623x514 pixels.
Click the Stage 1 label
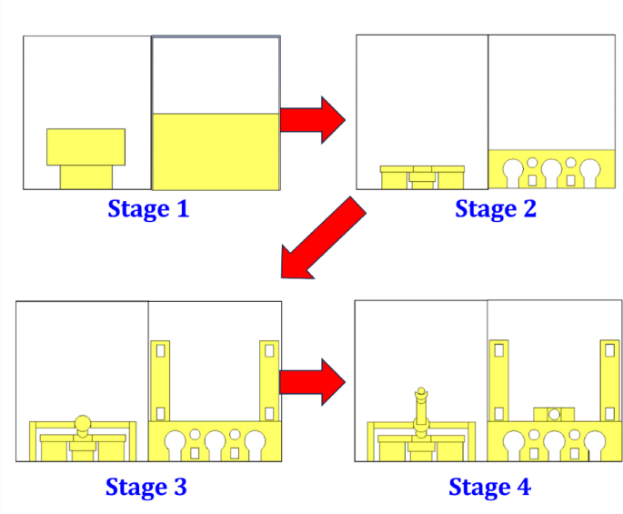pos(148,209)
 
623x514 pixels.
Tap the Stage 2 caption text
pos(496,209)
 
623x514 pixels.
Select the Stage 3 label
pos(146,487)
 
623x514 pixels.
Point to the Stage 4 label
pos(489,487)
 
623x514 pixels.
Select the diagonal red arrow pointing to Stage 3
pos(323,238)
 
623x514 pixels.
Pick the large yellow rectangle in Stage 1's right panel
pos(216,151)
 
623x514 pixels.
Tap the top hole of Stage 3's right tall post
pos(268,350)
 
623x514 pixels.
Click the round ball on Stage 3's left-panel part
pos(84,423)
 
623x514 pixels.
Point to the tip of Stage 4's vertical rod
pos(421,392)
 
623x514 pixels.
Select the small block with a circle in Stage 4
pos(553,415)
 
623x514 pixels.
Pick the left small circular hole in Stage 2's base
pos(532,164)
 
